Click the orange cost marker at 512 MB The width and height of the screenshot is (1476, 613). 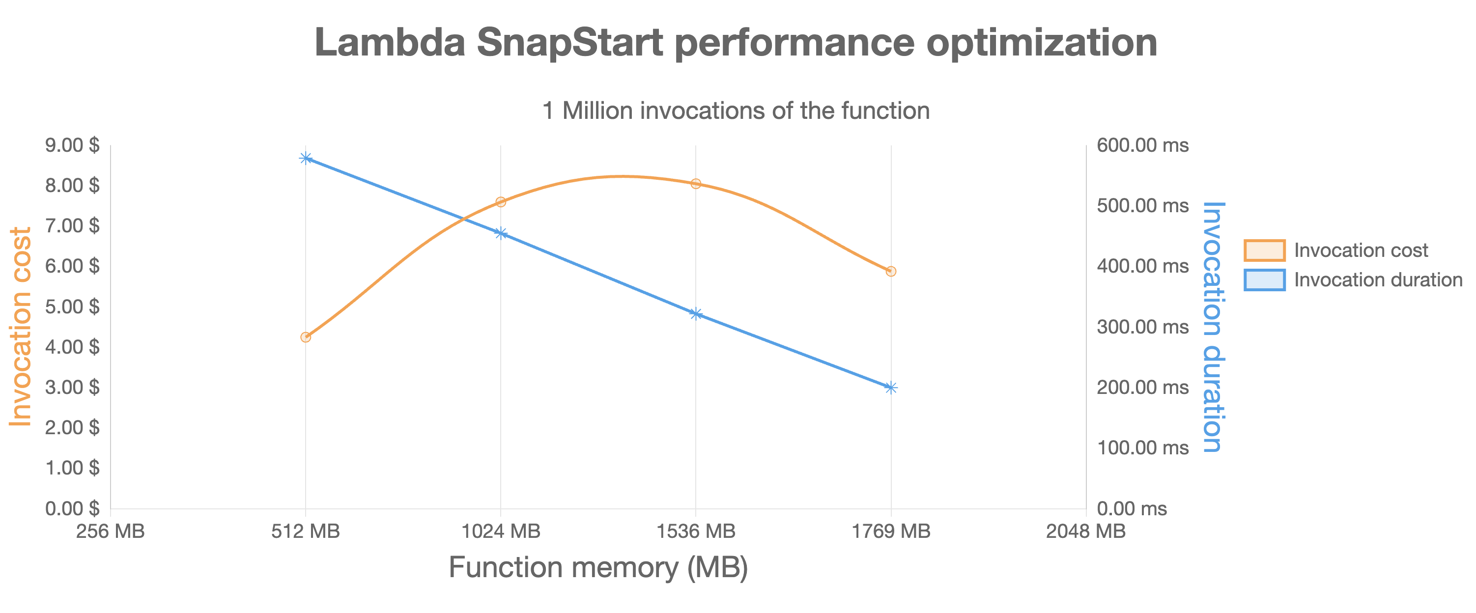point(306,337)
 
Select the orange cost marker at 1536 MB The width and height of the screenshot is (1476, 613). point(696,183)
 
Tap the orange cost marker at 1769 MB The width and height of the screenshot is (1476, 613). point(890,271)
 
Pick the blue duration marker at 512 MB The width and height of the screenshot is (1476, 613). point(306,158)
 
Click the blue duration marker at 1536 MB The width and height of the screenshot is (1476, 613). point(696,313)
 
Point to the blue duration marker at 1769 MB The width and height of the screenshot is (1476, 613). point(890,387)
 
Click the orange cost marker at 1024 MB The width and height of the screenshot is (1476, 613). point(500,202)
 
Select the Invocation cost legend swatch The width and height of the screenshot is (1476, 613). point(1264,251)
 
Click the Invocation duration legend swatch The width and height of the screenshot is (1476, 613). point(1264,279)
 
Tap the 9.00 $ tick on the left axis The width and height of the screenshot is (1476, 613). point(72,145)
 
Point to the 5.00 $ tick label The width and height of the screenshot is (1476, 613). point(72,306)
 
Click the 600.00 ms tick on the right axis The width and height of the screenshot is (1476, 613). point(1142,145)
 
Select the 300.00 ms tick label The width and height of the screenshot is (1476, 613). point(1142,327)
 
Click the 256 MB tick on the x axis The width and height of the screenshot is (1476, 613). point(111,531)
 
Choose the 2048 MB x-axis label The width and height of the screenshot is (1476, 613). point(1085,531)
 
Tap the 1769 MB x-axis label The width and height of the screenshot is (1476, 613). point(890,531)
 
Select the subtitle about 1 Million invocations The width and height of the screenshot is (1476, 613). point(736,111)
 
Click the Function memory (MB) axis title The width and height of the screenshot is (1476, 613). point(598,567)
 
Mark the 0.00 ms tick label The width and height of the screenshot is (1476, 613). point(1131,508)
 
